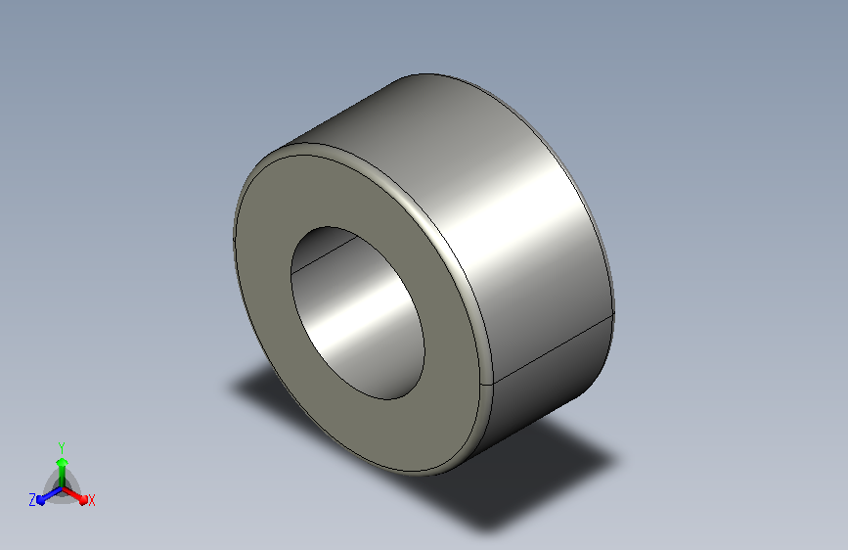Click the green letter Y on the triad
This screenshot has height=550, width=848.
[x=62, y=447]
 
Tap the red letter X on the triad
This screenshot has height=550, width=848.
[x=91, y=500]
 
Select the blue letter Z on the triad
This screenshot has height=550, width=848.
[x=32, y=500]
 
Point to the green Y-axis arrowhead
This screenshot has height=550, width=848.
[x=62, y=462]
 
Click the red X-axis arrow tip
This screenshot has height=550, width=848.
[x=83, y=499]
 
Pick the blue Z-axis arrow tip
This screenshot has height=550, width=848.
[x=41, y=500]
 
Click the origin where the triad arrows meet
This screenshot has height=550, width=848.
[x=63, y=488]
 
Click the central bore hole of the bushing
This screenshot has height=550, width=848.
[x=357, y=313]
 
